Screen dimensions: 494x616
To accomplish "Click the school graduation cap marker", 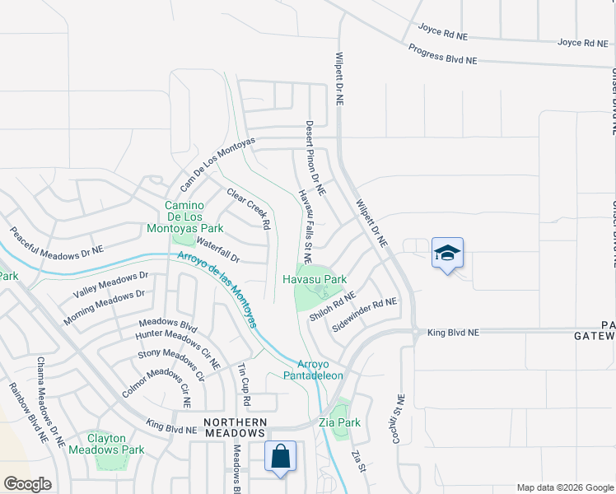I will [x=447, y=253].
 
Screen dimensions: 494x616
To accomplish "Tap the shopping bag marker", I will [x=280, y=456].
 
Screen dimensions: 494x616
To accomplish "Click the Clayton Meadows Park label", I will [x=117, y=444].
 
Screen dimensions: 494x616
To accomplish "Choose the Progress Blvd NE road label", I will [x=443, y=54].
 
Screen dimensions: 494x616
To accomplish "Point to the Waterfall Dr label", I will [x=217, y=250].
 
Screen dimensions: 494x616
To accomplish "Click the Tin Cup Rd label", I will [x=244, y=384].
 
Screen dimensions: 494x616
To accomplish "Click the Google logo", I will [x=27, y=483].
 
